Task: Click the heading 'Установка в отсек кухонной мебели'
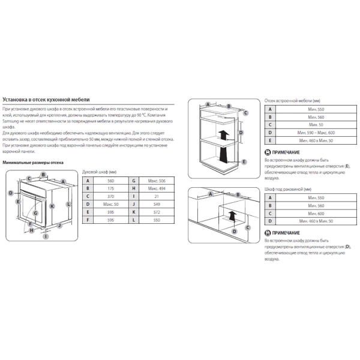[46, 99]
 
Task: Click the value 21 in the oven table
[156, 196]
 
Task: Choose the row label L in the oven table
[134, 220]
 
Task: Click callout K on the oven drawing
[52, 206]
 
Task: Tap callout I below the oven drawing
[44, 236]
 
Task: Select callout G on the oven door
[37, 212]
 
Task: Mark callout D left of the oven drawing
[11, 193]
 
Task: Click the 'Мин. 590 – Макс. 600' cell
[311, 132]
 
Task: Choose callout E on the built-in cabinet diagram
[245, 161]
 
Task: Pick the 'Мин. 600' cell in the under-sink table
[311, 214]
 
